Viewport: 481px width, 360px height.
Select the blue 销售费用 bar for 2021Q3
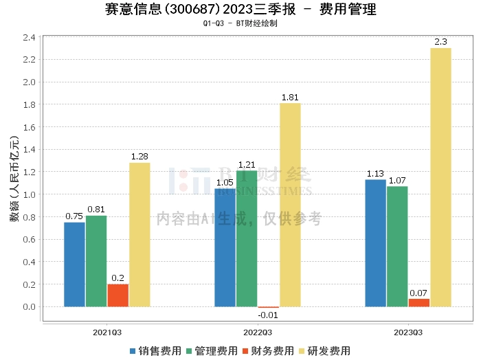(74, 265)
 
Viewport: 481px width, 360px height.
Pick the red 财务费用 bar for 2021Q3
(118, 295)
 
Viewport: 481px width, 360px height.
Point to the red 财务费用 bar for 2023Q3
(418, 302)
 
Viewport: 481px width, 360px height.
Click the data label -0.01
(268, 315)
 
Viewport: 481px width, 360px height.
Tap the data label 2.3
(440, 43)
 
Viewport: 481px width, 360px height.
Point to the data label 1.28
(139, 157)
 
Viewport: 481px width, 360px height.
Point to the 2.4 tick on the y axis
(28, 37)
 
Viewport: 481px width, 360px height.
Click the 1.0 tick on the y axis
(28, 194)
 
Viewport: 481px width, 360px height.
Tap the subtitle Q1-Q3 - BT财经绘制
(240, 23)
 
